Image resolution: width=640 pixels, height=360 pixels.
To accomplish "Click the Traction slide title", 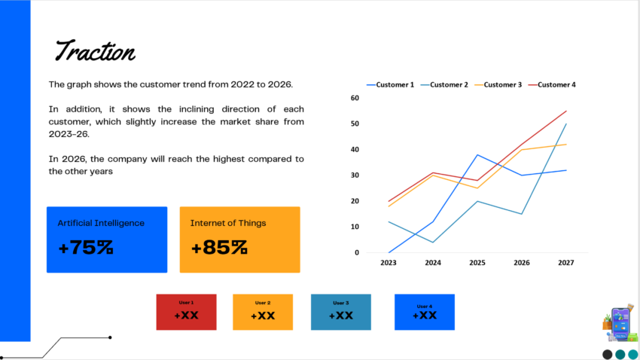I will pyautogui.click(x=95, y=51).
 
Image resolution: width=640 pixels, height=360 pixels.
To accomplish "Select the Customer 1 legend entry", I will pyautogui.click(x=390, y=85).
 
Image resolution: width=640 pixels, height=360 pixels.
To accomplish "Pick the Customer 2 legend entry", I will pyautogui.click(x=444, y=85).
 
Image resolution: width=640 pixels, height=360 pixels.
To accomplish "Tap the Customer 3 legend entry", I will pyautogui.click(x=498, y=85).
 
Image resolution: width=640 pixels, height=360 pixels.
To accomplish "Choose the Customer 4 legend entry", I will pyautogui.click(x=552, y=85).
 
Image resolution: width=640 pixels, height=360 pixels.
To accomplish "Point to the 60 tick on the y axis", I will pyautogui.click(x=355, y=98).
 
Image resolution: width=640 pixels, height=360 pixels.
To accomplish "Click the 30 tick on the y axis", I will pyautogui.click(x=355, y=175).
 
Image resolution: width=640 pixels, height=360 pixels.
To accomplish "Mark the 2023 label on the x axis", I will pyautogui.click(x=389, y=263).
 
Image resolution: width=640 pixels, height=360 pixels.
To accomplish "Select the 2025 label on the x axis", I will pyautogui.click(x=477, y=263).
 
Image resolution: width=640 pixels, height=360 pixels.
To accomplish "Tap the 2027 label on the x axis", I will pyautogui.click(x=566, y=263).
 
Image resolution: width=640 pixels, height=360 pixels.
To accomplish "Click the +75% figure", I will pyautogui.click(x=85, y=247).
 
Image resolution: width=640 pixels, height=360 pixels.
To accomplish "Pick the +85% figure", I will pyautogui.click(x=218, y=247).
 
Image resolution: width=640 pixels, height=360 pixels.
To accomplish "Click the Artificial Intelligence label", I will pyautogui.click(x=101, y=223).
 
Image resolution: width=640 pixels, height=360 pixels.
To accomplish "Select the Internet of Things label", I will pyautogui.click(x=227, y=223).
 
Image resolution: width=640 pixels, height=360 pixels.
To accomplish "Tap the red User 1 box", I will pyautogui.click(x=186, y=312).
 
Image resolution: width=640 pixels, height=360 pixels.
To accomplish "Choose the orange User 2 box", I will pyautogui.click(x=263, y=312).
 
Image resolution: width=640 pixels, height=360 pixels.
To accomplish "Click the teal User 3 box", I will pyautogui.click(x=340, y=312).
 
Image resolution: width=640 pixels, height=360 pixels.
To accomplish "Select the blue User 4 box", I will pyautogui.click(x=425, y=312).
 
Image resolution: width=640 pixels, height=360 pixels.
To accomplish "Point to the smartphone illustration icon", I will pyautogui.click(x=620, y=324).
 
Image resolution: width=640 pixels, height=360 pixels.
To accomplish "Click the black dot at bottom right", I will pyautogui.click(x=607, y=354).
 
